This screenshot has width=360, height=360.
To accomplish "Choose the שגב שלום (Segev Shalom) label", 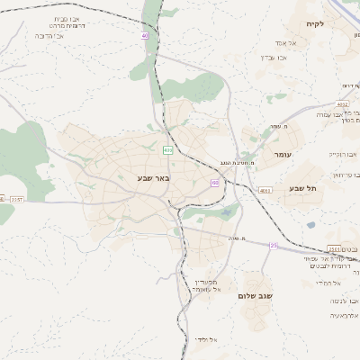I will coord(256,295).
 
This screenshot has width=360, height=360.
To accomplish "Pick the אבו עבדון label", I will coord(274,58).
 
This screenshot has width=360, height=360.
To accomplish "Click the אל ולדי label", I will coord(205,339).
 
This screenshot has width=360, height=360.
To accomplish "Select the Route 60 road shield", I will coord(214,183).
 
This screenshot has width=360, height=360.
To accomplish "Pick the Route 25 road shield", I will coord(274,244).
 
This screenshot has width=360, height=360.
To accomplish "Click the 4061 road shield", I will coord(265,191).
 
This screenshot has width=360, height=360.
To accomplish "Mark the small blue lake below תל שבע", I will coord(310,225).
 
